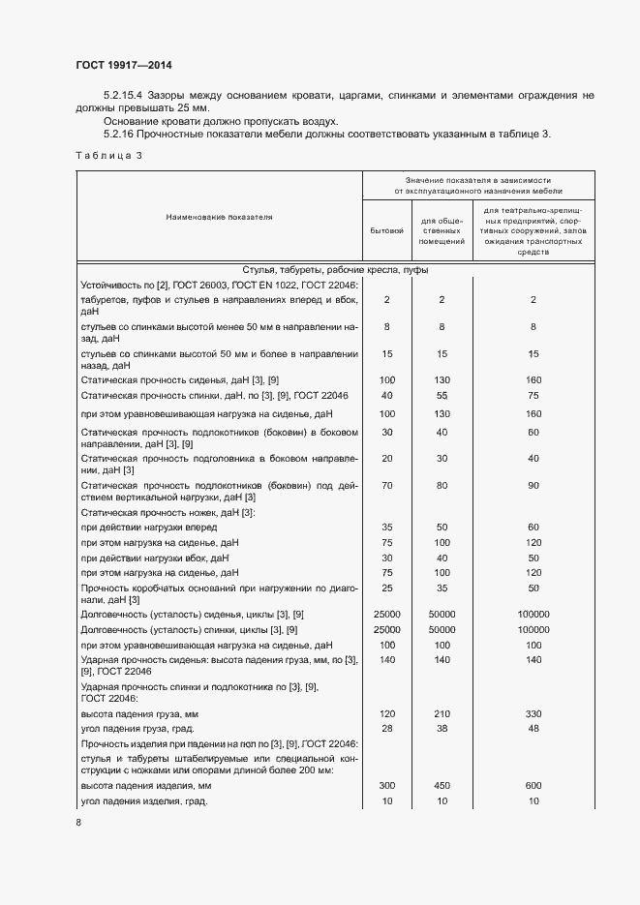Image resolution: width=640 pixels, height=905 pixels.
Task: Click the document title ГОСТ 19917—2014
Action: pyautogui.click(x=123, y=66)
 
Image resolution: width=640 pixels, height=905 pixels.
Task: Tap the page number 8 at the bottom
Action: pyautogui.click(x=77, y=823)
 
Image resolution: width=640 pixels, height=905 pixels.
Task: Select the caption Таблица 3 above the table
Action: pyautogui.click(x=107, y=156)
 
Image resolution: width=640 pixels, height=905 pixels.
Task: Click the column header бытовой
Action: pyautogui.click(x=386, y=231)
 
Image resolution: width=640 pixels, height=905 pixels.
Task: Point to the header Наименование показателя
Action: pyautogui.click(x=219, y=217)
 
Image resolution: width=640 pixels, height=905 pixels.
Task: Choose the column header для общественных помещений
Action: pyautogui.click(x=441, y=231)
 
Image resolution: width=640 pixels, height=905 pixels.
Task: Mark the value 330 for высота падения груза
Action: pyautogui.click(x=533, y=713)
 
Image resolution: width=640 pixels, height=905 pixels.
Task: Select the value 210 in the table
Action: pyautogui.click(x=441, y=713)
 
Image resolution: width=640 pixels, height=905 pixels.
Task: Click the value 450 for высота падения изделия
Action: pyautogui.click(x=441, y=787)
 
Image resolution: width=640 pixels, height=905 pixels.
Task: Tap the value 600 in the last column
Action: pyautogui.click(x=533, y=787)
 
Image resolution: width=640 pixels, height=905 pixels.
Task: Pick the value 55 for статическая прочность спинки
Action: pyautogui.click(x=441, y=396)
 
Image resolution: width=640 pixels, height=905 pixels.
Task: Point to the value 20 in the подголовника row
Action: pyautogui.click(x=386, y=458)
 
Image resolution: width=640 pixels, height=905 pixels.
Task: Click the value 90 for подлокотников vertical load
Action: pyautogui.click(x=533, y=485)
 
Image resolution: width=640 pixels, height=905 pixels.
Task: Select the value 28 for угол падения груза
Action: pyautogui.click(x=386, y=728)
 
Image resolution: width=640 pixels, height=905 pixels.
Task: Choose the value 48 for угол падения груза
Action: pyautogui.click(x=533, y=728)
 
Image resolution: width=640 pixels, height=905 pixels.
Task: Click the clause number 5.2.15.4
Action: pyautogui.click(x=124, y=96)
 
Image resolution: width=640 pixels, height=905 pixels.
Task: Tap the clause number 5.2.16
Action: pyautogui.click(x=121, y=134)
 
